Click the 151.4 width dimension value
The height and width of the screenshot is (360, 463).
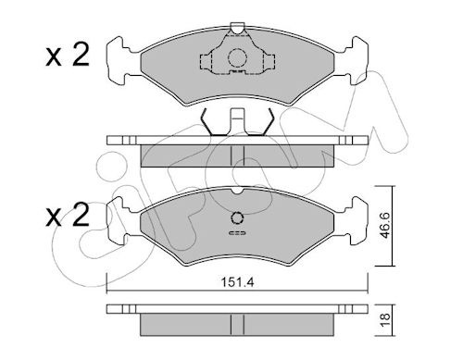237,282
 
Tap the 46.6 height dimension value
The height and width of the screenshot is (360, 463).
385,225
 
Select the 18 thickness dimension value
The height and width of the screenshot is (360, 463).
385,321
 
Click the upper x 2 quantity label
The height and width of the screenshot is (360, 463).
68,55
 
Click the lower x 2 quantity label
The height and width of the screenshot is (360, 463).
68,215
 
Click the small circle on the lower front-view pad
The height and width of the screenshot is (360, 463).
237,218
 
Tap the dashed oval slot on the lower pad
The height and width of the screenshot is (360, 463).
237,233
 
